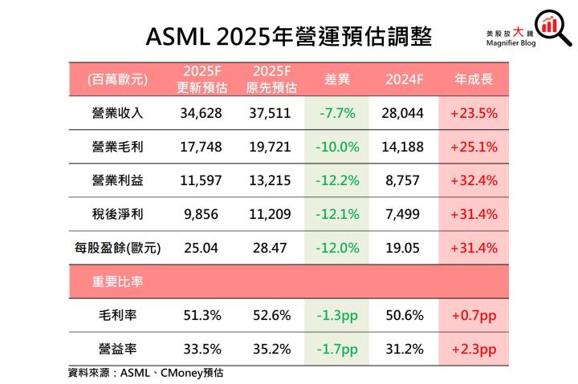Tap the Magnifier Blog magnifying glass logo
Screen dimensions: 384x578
pos(550,26)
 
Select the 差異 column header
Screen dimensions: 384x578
pos(336,79)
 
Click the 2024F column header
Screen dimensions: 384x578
pos(404,79)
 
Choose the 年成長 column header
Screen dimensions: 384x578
pos(474,79)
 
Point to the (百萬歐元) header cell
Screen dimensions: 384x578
pos(118,79)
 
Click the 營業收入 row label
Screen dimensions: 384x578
pos(118,113)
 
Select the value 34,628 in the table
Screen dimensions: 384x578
pos(200,113)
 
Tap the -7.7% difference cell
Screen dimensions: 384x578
pos(336,113)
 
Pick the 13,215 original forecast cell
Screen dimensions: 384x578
pos(269,180)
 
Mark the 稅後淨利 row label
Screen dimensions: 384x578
pos(118,214)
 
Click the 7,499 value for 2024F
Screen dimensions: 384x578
pos(404,214)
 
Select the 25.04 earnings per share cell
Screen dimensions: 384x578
pos(200,248)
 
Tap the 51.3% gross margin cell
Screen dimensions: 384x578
pos(200,315)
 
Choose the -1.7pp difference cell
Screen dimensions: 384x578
pos(336,349)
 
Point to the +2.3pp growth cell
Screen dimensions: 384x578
pos(474,349)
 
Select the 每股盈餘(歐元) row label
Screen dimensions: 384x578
pos(118,248)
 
